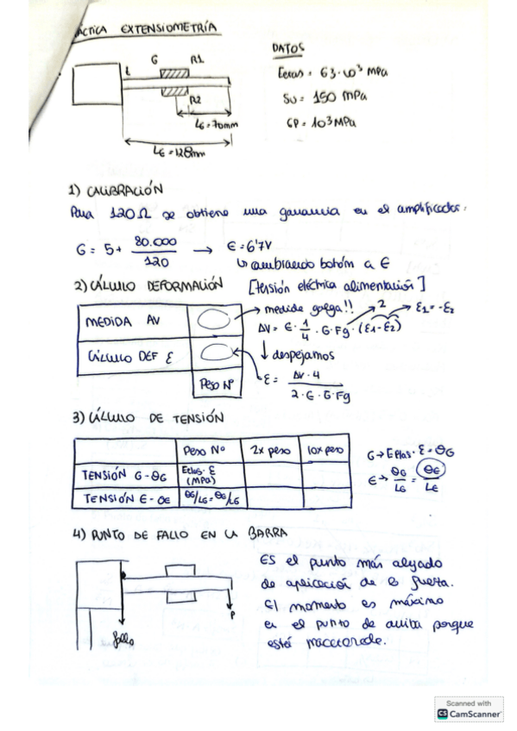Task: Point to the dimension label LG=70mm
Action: tap(212, 124)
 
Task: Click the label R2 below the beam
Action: tap(196, 99)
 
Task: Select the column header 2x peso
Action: tap(268, 451)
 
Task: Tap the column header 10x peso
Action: tap(322, 451)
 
